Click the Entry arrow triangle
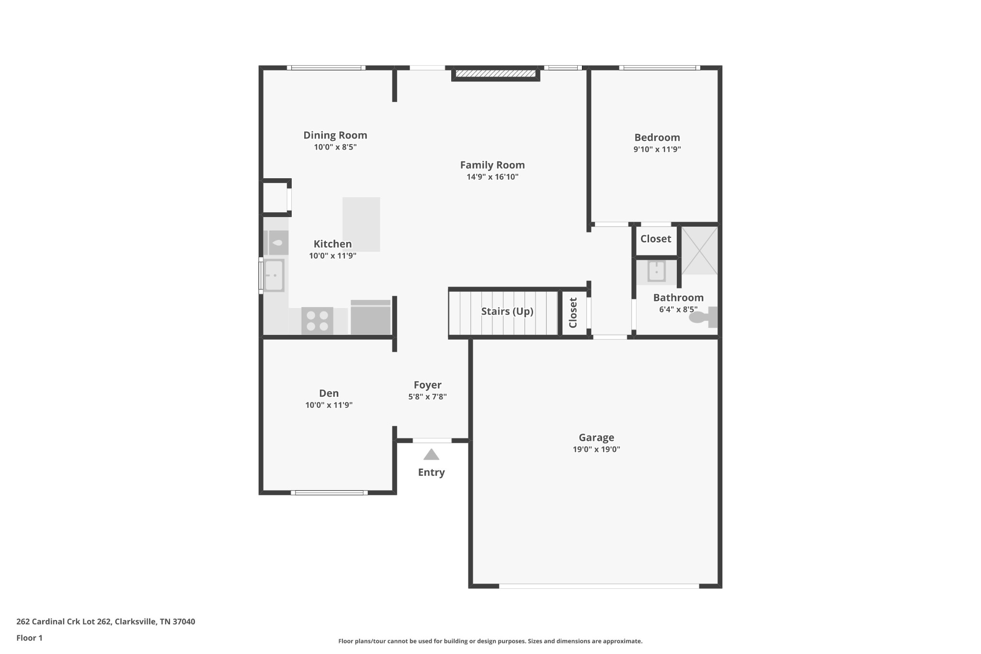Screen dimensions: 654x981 [x=431, y=455]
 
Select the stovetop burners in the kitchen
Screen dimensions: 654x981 [x=317, y=321]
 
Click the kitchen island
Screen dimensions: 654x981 [x=361, y=224]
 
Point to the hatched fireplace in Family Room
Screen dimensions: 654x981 [x=495, y=73]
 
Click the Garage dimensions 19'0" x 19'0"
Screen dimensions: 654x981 [x=596, y=449]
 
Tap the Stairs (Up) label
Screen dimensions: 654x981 [x=507, y=311]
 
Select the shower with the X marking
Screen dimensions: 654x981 [x=699, y=251]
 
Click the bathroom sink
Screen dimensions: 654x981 [x=656, y=271]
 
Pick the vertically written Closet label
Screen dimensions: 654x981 [x=573, y=313]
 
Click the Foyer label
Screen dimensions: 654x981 [x=427, y=385]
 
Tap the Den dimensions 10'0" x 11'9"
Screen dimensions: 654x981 [x=329, y=405]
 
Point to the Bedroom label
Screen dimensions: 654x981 [x=657, y=138]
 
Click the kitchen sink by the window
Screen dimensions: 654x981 [x=274, y=275]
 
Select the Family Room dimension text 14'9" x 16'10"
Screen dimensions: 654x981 [x=492, y=177]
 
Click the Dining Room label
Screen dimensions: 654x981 [x=335, y=135]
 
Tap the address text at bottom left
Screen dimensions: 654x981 [x=105, y=621]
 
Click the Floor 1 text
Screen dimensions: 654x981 [x=29, y=638]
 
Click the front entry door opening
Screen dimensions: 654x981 [x=432, y=440]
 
